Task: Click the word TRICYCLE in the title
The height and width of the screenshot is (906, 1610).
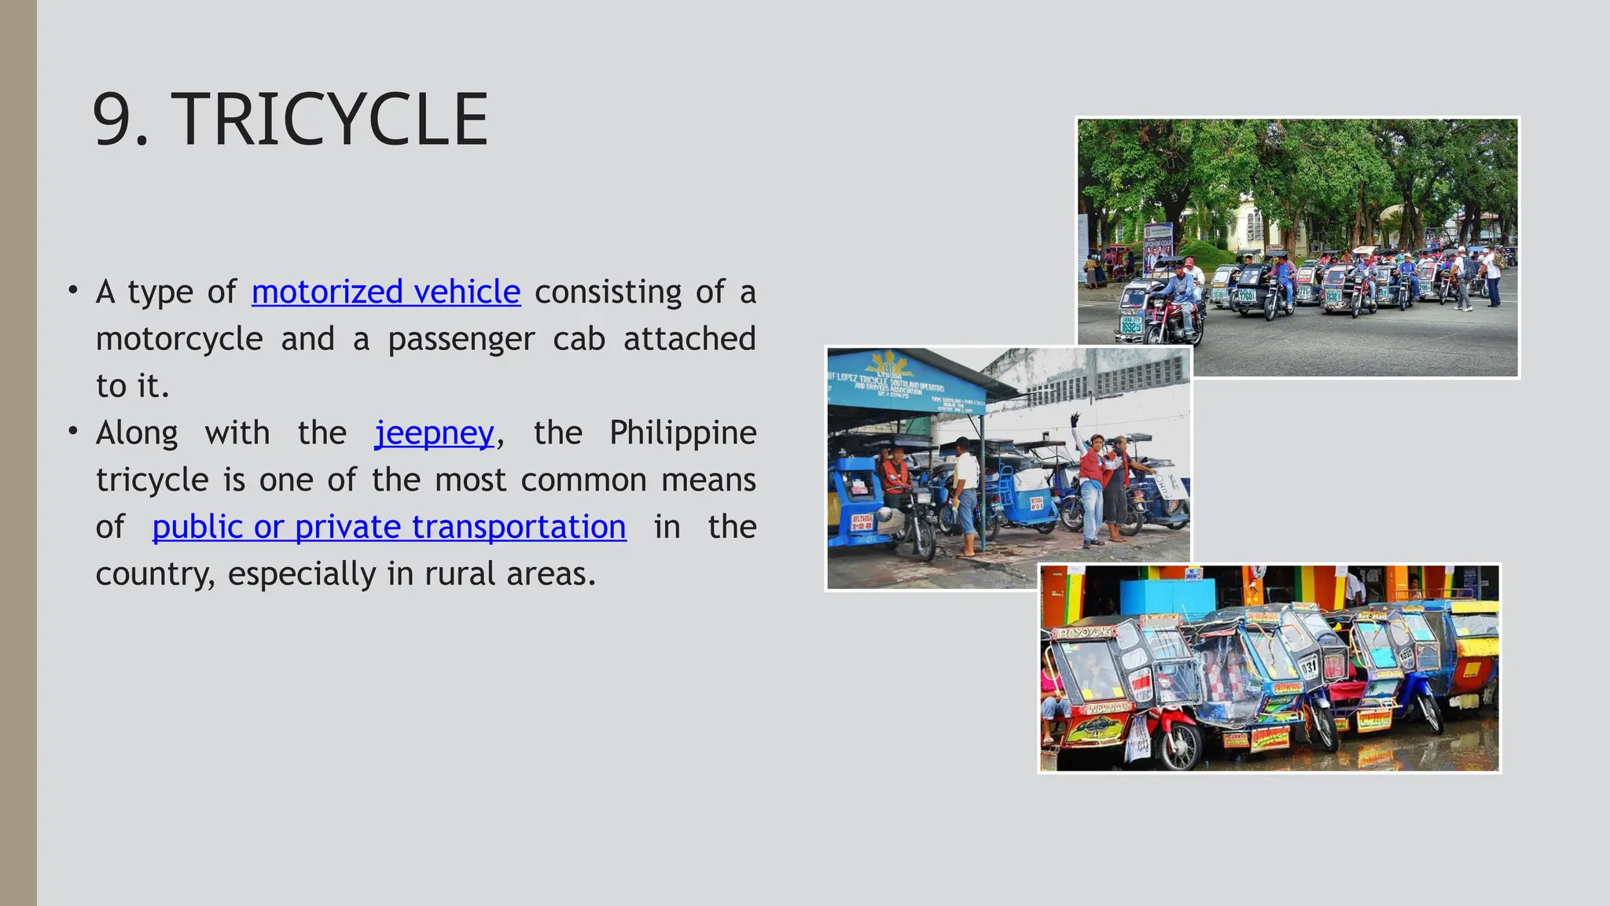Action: (x=330, y=120)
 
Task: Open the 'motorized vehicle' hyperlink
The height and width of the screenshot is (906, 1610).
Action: (x=385, y=292)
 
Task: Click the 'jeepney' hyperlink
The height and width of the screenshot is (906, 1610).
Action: (x=434, y=433)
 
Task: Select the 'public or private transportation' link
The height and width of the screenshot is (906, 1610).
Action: (x=388, y=526)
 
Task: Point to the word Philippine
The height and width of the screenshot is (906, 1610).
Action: (x=682, y=433)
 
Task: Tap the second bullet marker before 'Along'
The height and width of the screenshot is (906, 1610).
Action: (x=73, y=431)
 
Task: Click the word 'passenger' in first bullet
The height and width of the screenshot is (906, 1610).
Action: (x=461, y=339)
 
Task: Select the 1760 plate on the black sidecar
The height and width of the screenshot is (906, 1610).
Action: (x=1245, y=296)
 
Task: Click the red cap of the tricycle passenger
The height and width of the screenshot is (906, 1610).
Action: (x=1189, y=261)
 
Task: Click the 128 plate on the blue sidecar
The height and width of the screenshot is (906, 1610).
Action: (x=862, y=522)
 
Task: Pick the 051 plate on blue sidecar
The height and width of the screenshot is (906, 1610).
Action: (x=1037, y=503)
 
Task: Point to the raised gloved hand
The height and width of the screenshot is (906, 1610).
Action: (x=1075, y=418)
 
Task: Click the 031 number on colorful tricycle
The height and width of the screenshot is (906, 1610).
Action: (x=1307, y=668)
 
